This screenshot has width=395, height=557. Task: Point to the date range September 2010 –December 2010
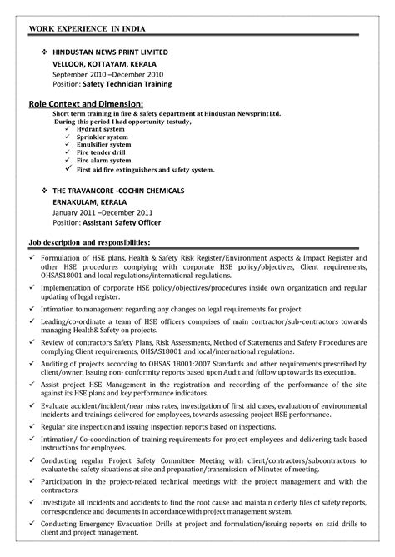tap(107, 73)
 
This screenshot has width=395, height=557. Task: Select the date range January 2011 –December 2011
tap(104, 212)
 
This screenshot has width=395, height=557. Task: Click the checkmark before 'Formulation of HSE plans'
tap(32, 259)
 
